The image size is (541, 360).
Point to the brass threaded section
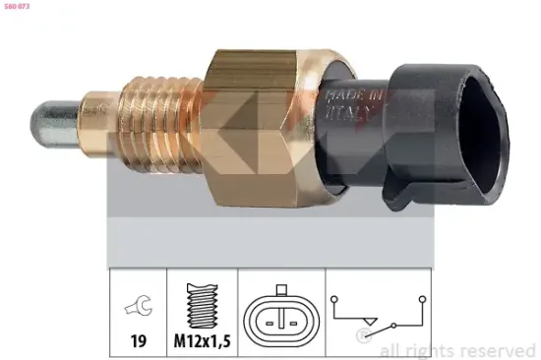(x=158, y=117)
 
